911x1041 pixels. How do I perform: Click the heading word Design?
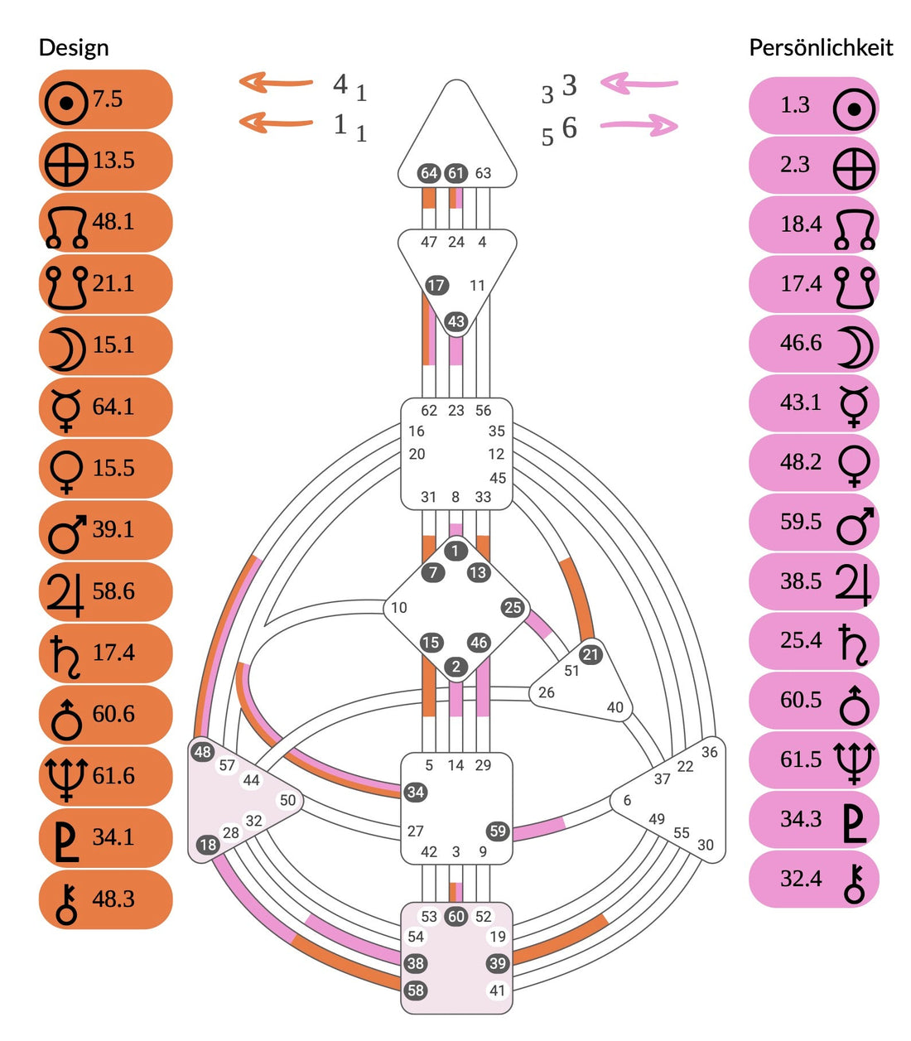[74, 48]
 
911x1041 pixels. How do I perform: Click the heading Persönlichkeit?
[820, 48]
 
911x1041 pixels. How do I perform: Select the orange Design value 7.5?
[108, 99]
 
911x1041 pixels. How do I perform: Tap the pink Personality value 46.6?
[801, 343]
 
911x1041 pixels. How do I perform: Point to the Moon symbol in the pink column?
[855, 346]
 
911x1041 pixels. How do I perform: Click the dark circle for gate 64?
[429, 173]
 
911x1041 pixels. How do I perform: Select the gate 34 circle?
[416, 792]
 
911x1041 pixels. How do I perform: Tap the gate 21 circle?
[590, 654]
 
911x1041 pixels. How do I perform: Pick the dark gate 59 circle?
[497, 831]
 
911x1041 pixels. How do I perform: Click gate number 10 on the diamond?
[399, 608]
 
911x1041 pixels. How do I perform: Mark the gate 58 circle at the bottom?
[416, 990]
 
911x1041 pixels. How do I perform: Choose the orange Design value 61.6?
[113, 776]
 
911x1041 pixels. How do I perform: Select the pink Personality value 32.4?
[801, 879]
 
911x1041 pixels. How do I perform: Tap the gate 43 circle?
[455, 321]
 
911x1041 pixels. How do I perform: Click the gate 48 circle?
[203, 752]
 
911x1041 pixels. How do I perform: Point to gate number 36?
[709, 752]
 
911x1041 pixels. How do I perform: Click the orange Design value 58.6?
[113, 591]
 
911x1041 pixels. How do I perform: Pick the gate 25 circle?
[513, 607]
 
